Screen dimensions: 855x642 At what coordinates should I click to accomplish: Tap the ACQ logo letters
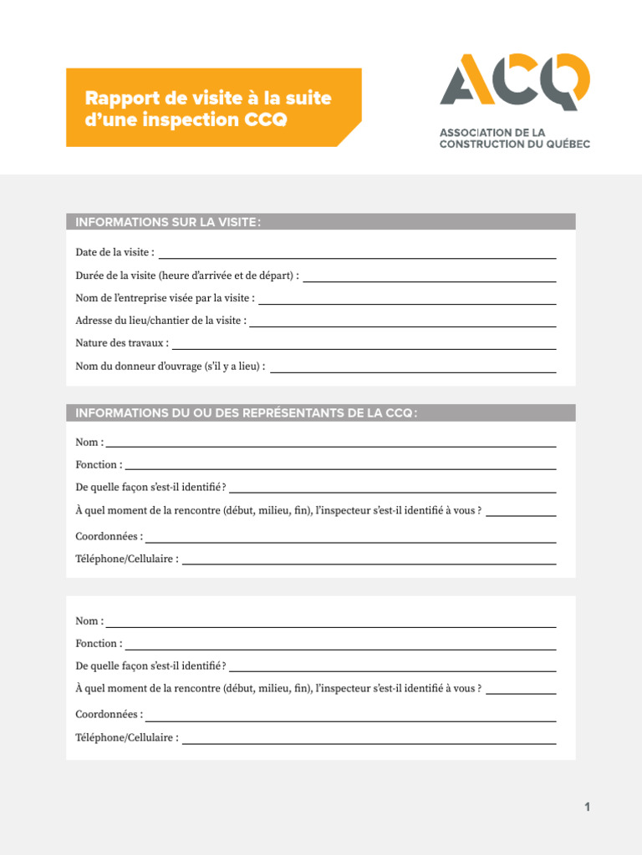coord(515,82)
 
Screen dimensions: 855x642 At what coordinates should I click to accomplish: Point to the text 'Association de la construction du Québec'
coord(515,138)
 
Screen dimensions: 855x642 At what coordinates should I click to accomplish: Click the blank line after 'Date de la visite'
coord(357,255)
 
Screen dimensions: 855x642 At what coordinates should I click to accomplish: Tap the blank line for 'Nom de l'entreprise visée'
coord(407,301)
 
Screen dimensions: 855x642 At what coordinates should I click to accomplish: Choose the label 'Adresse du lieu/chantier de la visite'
coord(160,321)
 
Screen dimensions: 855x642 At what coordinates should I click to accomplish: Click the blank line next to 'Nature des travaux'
coord(364,347)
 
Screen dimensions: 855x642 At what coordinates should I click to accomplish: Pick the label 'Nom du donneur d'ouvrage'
coord(171,366)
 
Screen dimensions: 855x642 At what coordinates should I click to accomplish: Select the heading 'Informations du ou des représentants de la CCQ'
coord(246,413)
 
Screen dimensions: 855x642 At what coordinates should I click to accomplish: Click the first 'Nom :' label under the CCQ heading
coord(89,443)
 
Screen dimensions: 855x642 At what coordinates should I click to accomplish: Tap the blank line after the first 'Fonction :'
coord(340,467)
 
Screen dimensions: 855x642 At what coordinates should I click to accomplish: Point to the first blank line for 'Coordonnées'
coord(351,540)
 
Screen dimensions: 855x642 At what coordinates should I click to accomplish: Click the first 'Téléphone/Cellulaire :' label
coord(127,559)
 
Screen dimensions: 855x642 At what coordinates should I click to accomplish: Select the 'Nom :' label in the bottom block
coord(89,621)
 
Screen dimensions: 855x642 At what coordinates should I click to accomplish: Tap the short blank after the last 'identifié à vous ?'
coord(521,692)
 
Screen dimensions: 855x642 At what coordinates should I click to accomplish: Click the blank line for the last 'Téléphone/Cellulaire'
coord(369,741)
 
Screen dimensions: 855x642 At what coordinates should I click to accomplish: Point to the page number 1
coord(588,807)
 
